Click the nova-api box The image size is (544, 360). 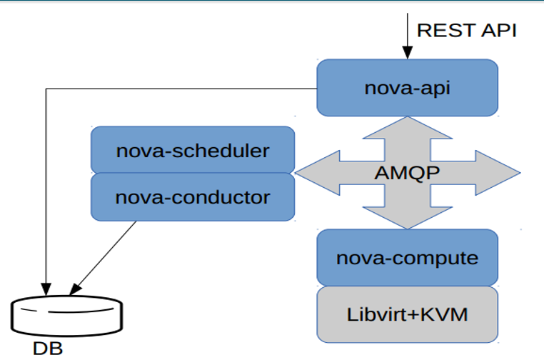(x=407, y=88)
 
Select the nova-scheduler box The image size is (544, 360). (x=193, y=150)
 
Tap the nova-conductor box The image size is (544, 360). (x=193, y=196)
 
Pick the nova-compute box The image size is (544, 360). (x=407, y=257)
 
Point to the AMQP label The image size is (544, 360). (x=406, y=173)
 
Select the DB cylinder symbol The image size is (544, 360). (x=68, y=314)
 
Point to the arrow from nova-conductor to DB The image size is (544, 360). (x=104, y=257)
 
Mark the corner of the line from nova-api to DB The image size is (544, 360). (x=46, y=89)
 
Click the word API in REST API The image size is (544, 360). (x=498, y=30)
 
